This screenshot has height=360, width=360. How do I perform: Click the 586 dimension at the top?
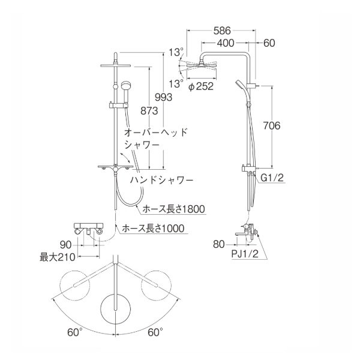click(223, 28)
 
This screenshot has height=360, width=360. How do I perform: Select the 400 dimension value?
click(226, 43)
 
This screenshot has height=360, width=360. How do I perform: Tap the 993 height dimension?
click(164, 97)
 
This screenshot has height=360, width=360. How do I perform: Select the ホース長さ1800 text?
click(174, 209)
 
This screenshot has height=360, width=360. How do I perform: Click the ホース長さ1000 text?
click(152, 229)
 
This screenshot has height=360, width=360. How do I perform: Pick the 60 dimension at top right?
click(268, 43)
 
